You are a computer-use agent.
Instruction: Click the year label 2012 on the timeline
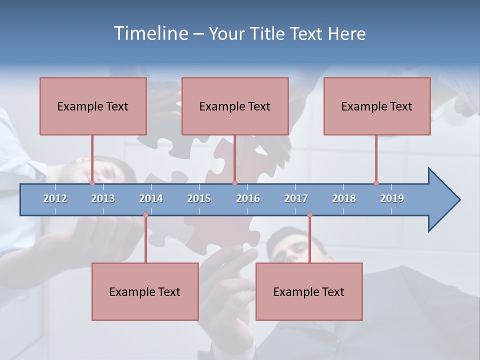point(55,198)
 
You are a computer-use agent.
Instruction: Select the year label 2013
point(103,198)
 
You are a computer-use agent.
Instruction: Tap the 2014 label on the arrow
point(151,198)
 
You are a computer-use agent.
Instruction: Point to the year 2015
point(199,198)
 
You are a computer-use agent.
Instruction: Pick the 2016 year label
point(248,198)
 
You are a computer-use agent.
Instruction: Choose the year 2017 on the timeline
point(296,198)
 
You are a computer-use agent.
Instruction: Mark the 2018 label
point(344,198)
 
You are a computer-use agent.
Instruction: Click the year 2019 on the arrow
point(392,198)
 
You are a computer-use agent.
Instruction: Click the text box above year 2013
point(93,106)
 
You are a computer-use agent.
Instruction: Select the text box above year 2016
point(235,106)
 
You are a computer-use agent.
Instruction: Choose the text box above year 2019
point(377,106)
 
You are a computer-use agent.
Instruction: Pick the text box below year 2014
point(145,291)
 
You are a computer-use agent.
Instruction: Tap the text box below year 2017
point(309,291)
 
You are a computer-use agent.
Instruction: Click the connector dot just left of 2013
point(92,183)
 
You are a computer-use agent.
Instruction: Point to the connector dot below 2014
point(145,215)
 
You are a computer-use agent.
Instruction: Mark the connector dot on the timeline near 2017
point(309,215)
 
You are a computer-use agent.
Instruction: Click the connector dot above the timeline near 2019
point(376,183)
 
